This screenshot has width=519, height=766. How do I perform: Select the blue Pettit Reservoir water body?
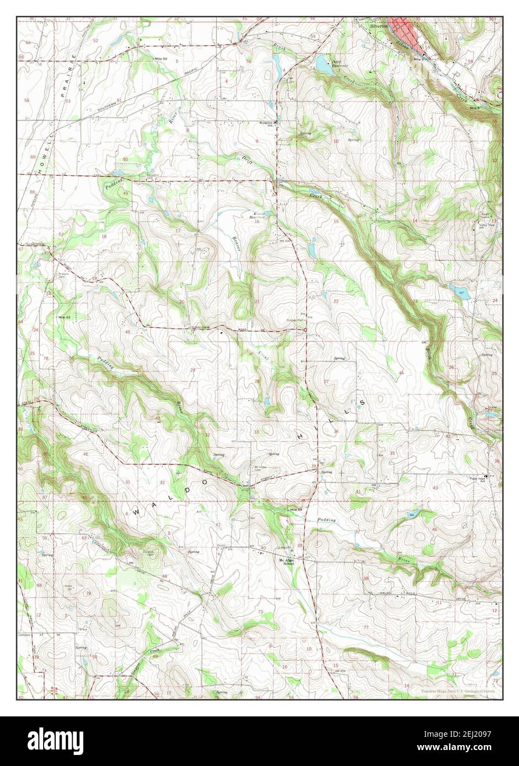[x=320, y=66]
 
